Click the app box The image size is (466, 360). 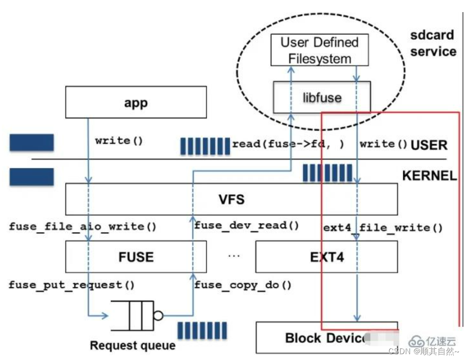(x=136, y=102)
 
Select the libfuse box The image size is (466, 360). (x=322, y=97)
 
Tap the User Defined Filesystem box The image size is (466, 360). (x=319, y=50)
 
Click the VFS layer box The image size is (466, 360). (x=231, y=199)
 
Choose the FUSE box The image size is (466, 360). (x=136, y=257)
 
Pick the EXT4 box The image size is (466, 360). (x=326, y=257)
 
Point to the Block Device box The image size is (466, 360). (x=326, y=337)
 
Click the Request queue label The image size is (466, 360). (x=133, y=346)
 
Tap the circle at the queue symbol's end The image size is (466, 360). (x=158, y=316)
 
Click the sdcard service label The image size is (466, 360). (x=432, y=43)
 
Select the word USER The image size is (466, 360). (x=429, y=145)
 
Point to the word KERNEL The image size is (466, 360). (x=429, y=176)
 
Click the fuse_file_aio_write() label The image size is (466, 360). (x=83, y=226)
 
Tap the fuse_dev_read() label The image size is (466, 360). (x=246, y=225)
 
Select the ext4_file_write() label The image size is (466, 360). (x=383, y=228)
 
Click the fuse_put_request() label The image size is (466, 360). (x=72, y=285)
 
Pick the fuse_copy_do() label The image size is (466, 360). (x=243, y=285)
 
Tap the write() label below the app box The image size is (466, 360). (x=119, y=140)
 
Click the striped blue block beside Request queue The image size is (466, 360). (x=202, y=330)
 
